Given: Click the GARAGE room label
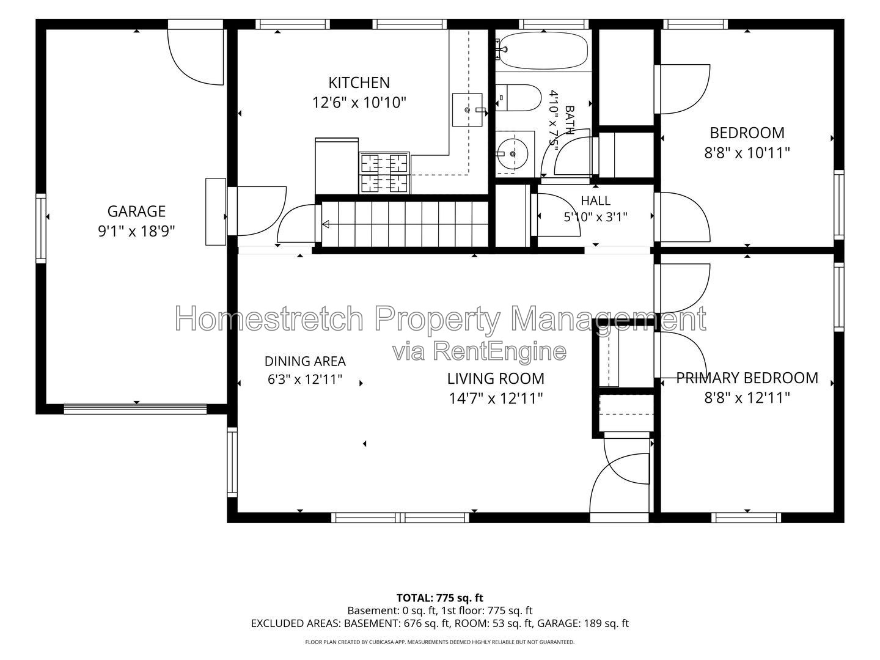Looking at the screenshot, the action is coord(136,211).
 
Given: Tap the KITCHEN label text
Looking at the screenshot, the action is coord(359,83).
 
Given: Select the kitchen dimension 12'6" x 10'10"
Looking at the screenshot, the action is coord(359,103).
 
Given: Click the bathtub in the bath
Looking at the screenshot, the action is coord(544,51).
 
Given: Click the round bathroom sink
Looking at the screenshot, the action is coord(512,153).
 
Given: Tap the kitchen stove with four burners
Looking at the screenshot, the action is coord(384,173).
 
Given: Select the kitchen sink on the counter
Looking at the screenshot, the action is coord(468,110).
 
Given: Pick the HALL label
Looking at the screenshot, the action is coord(595,200).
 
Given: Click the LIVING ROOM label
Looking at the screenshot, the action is coord(496,378).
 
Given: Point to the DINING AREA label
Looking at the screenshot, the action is coord(305,361).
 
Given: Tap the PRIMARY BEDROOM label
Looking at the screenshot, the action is coord(747,378).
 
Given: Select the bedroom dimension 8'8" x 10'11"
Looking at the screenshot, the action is coord(747,153).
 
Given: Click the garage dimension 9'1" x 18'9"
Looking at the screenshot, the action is coord(136,231).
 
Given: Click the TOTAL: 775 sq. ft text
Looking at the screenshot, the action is coord(440,598).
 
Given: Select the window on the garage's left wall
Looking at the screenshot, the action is coord(40,229).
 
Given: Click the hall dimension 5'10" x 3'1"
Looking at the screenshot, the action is coord(595,217).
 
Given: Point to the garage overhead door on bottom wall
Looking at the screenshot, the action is coord(136,409).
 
